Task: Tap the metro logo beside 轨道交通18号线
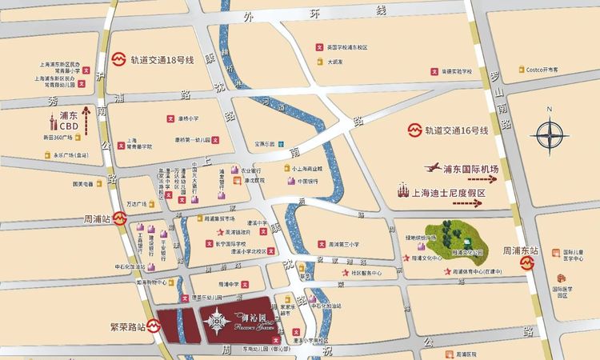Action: pyautogui.click(x=118, y=58)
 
